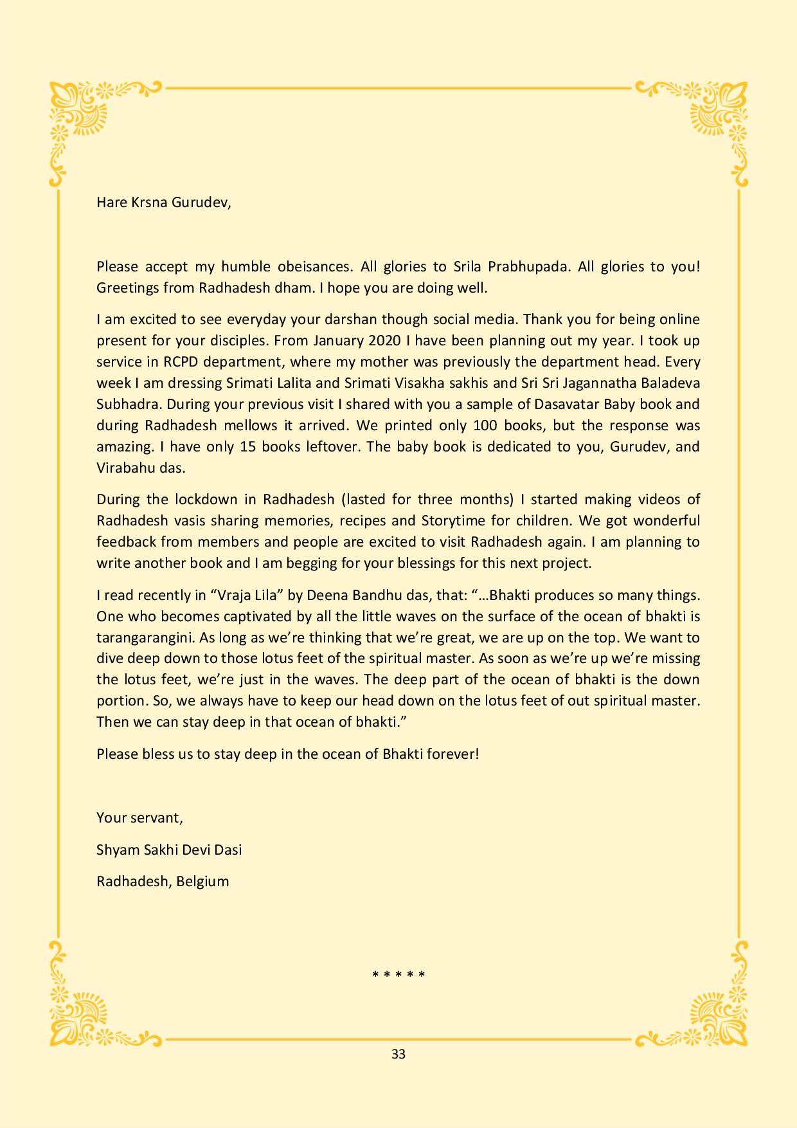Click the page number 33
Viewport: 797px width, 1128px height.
click(398, 1054)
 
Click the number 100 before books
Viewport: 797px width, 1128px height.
click(485, 425)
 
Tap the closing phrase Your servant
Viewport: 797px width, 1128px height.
click(139, 817)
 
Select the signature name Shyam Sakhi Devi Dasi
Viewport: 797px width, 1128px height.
click(169, 850)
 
